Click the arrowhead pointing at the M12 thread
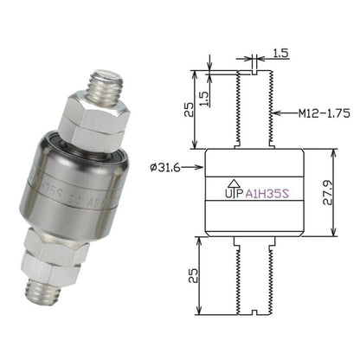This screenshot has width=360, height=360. [x=274, y=112]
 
